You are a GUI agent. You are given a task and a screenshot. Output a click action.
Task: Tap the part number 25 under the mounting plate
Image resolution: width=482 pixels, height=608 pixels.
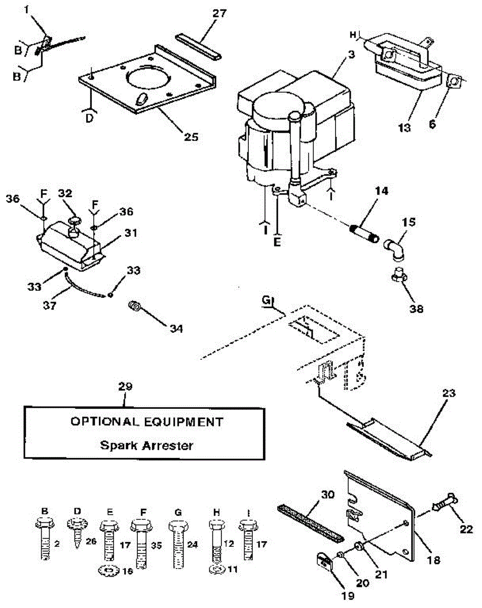click(192, 136)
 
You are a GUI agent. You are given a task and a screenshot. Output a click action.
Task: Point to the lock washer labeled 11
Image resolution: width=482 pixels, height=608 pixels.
click(216, 570)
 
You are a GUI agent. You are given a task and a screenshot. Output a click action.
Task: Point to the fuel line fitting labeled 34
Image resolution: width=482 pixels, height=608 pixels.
click(135, 306)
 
